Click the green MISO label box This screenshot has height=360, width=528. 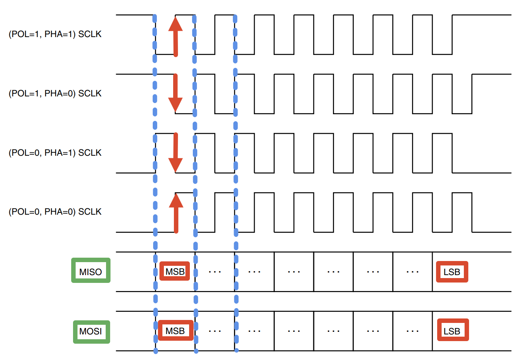[x=91, y=270]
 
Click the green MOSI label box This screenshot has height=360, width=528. [x=92, y=332]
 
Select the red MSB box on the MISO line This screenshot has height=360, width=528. [x=175, y=271]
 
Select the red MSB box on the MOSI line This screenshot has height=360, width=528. [x=176, y=330]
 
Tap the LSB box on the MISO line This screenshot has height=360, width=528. [x=452, y=272]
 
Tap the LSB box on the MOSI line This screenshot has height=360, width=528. [x=453, y=330]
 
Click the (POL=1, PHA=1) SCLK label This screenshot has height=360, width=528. [x=55, y=34]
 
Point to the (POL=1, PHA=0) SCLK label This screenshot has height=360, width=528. [x=55, y=93]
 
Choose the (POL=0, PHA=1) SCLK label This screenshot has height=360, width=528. [x=55, y=153]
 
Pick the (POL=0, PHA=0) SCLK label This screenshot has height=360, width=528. [x=55, y=212]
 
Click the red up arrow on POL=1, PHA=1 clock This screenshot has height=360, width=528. [x=175, y=37]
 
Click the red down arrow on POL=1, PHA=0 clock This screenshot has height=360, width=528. [x=175, y=93]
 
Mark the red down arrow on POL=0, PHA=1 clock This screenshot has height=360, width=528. [x=176, y=152]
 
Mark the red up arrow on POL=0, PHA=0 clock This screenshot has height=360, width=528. [x=176, y=213]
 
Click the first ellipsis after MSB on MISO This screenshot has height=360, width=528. [x=215, y=272]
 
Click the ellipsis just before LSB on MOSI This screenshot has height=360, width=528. [x=412, y=331]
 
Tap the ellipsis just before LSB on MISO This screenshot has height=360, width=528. [x=412, y=272]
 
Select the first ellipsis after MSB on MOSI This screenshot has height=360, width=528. [x=215, y=331]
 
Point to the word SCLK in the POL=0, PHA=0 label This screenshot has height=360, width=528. [x=90, y=212]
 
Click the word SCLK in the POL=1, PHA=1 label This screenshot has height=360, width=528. [x=90, y=34]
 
